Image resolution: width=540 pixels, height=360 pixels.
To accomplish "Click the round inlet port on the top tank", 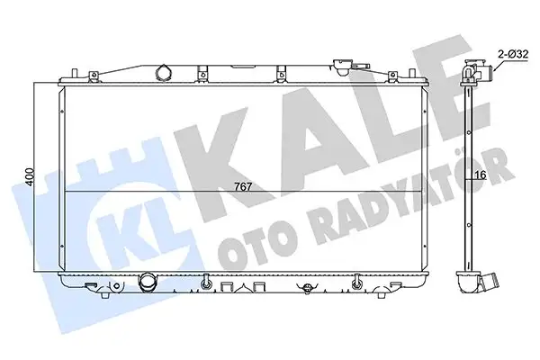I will [163, 72].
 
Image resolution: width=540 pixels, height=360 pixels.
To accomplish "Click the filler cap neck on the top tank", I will [343, 66].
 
